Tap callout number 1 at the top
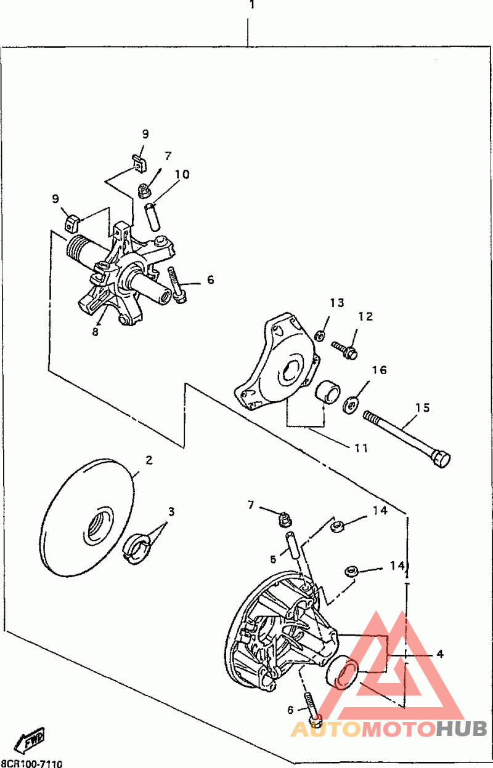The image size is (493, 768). pos(252,5)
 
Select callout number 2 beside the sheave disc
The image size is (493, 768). pos(149,460)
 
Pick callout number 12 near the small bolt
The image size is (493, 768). pos(365,316)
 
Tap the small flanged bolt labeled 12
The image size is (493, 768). pos(344,350)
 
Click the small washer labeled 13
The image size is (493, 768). pos(320,335)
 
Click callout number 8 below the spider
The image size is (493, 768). pos(95,332)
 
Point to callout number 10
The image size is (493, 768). pos(182,175)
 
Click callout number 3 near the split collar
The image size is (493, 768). pos(171,512)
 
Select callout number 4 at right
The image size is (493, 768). pos(440,654)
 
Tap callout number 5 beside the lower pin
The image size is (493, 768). pos(273,559)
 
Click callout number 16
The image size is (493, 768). pos(379,370)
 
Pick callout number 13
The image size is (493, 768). pos(337,303)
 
